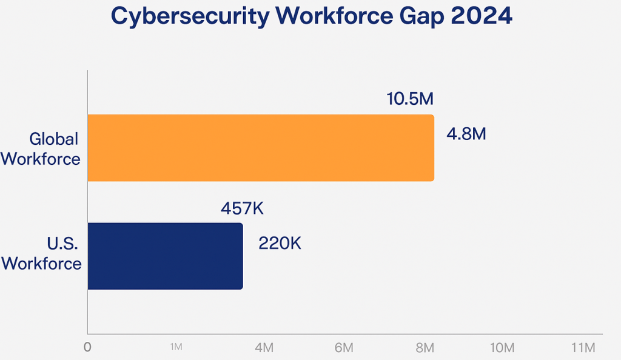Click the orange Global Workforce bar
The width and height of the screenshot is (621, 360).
pyautogui.click(x=261, y=148)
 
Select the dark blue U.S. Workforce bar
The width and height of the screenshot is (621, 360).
pyautogui.click(x=165, y=256)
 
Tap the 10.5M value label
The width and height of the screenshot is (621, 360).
pyautogui.click(x=411, y=98)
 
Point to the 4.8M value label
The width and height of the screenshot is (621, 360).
pyautogui.click(x=466, y=134)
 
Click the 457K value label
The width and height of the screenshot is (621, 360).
pyautogui.click(x=242, y=208)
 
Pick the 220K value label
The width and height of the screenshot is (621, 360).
pyautogui.click(x=280, y=244)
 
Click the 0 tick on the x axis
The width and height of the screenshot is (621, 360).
pyautogui.click(x=88, y=348)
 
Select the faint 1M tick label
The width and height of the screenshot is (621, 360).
pyautogui.click(x=176, y=347)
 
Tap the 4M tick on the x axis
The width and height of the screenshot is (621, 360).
pyautogui.click(x=264, y=348)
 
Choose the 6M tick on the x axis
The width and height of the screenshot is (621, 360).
pyautogui.click(x=344, y=348)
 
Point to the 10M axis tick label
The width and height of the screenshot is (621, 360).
pyautogui.click(x=502, y=348)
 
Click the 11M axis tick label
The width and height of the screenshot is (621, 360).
pyautogui.click(x=583, y=348)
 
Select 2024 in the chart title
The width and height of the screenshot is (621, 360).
pyautogui.click(x=482, y=16)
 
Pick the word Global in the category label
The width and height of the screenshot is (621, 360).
pyautogui.click(x=54, y=139)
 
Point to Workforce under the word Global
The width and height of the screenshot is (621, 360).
pyautogui.click(x=41, y=158)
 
